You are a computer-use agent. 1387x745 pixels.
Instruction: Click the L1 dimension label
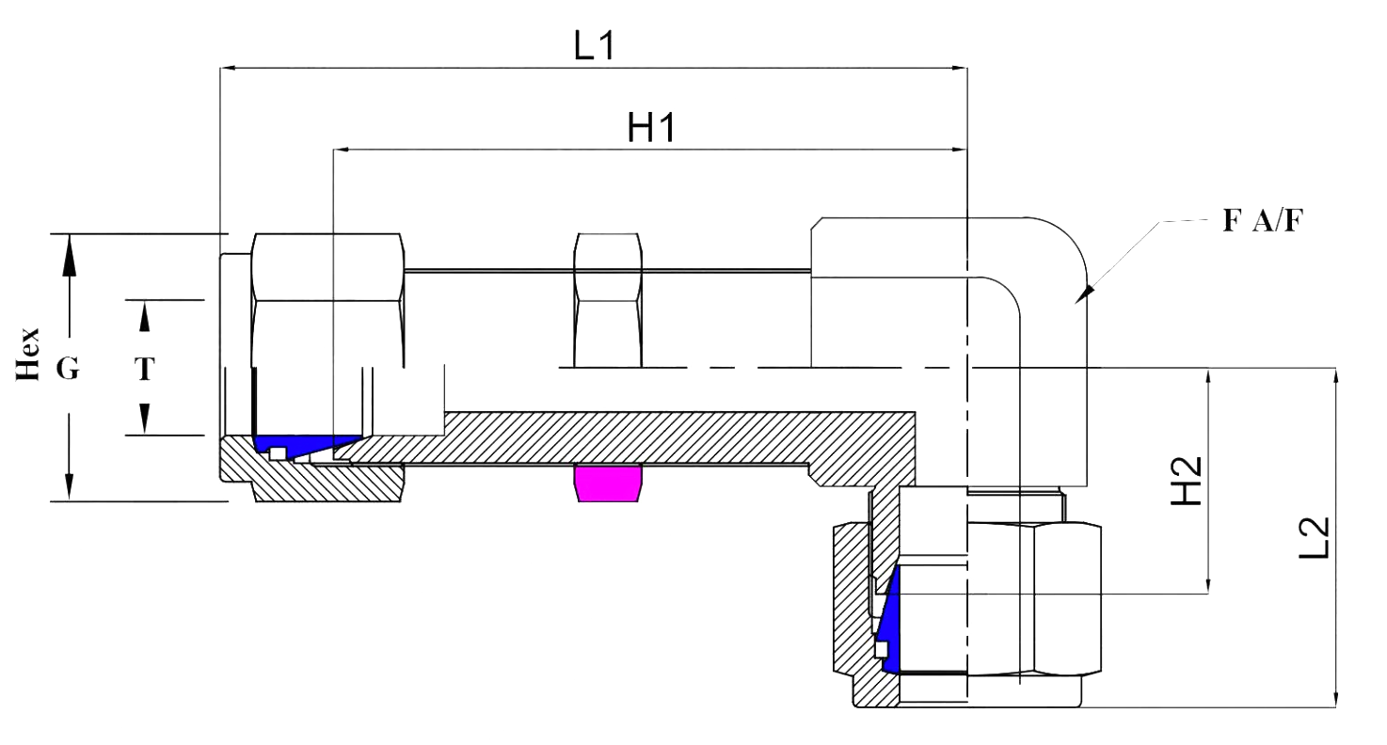594,46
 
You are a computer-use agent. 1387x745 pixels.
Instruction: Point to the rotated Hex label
32,355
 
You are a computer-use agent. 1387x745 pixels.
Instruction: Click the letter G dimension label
67,370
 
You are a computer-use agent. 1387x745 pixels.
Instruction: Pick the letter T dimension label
144,370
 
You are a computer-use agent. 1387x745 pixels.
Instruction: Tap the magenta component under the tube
608,483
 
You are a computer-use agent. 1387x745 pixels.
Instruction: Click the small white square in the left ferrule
277,453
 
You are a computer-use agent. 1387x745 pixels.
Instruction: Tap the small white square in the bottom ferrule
881,649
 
